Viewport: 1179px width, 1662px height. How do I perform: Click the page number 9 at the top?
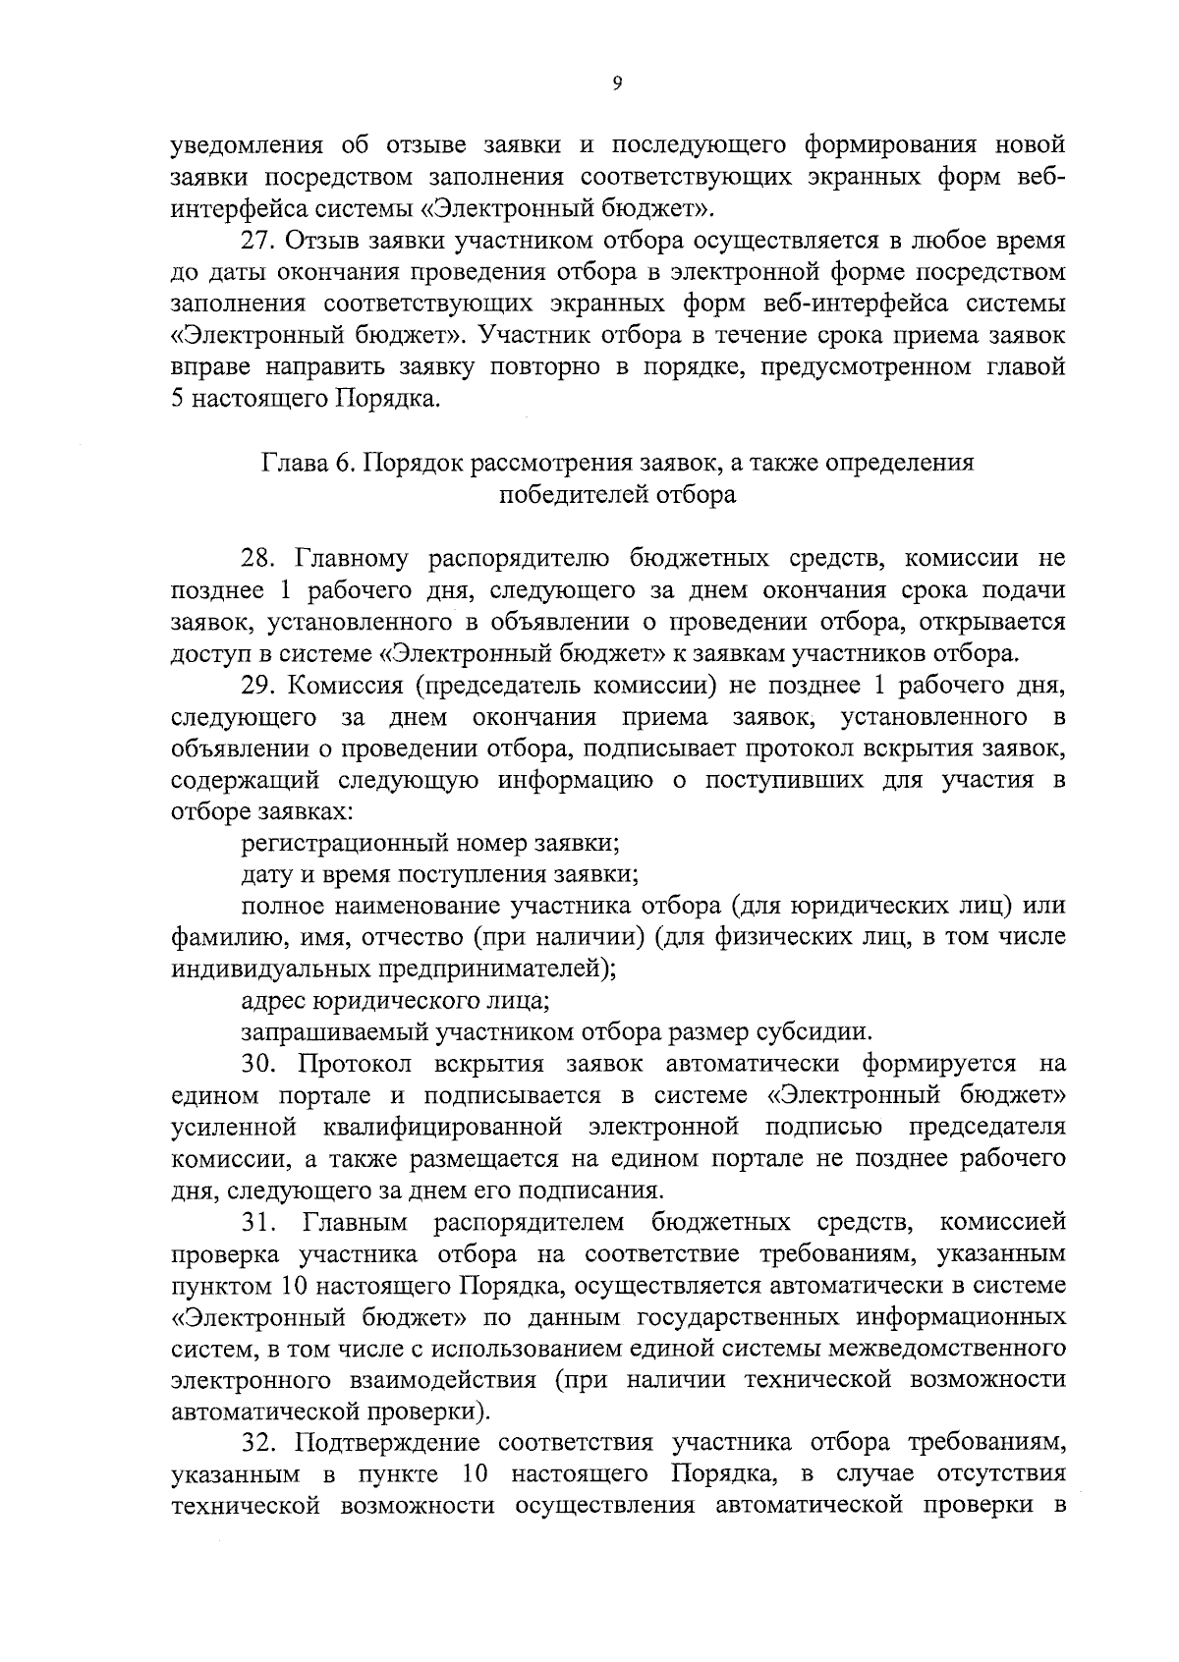(x=617, y=84)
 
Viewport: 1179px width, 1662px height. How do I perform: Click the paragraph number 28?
(x=259, y=559)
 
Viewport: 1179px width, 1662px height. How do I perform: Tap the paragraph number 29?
(x=259, y=685)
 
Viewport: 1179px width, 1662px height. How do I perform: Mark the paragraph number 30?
(x=259, y=1064)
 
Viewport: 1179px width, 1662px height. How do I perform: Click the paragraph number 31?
(x=259, y=1222)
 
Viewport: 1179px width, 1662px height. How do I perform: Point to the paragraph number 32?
(x=259, y=1443)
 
